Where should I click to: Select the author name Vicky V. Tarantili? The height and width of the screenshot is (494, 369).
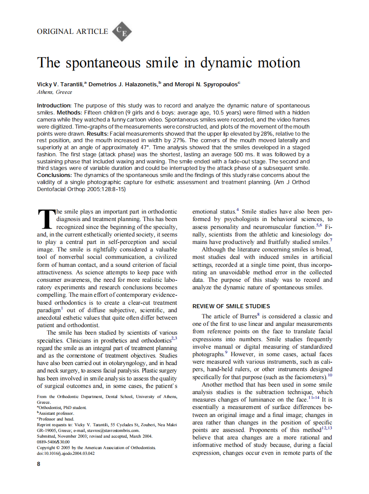pyautogui.click(x=61, y=84)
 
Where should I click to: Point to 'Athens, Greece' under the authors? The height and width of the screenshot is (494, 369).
pyautogui.click(x=54, y=92)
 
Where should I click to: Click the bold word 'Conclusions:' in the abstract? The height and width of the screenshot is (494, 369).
pyautogui.click(x=54, y=175)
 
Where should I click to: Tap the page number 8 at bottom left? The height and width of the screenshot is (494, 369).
pyautogui.click(x=39, y=464)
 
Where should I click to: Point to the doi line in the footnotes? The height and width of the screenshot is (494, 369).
pyautogui.click(x=66, y=453)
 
